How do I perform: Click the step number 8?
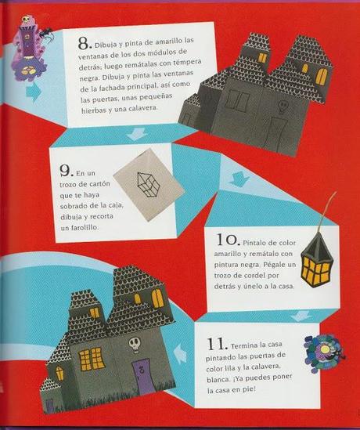(84, 44)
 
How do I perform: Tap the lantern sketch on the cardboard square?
(146, 185)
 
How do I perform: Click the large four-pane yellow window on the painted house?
(92, 358)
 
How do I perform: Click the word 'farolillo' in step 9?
(79, 227)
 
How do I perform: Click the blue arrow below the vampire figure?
(34, 92)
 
